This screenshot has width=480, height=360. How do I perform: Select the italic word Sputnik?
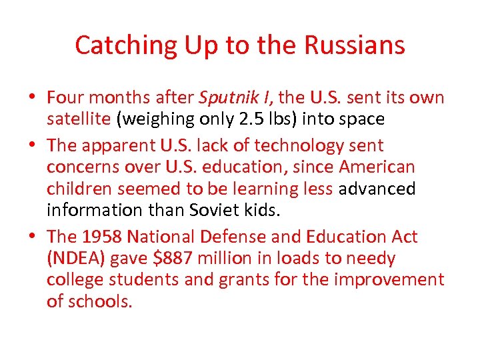click(222, 97)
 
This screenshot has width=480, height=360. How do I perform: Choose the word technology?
click(307, 145)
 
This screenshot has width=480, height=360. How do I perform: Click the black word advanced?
click(377, 189)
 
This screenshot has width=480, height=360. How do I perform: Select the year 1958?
click(100, 236)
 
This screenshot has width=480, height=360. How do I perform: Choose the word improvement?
click(389, 279)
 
